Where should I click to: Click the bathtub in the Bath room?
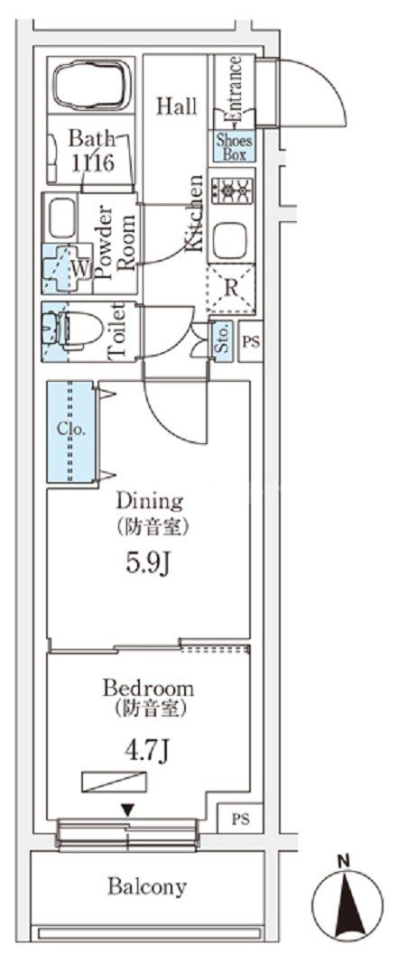[x=93, y=85]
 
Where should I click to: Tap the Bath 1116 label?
[x=91, y=150]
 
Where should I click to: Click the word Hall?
[x=177, y=106]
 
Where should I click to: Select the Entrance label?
[x=233, y=89]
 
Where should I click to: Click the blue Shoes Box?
[x=234, y=146]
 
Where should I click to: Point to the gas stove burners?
[x=232, y=190]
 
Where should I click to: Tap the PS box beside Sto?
[x=251, y=341]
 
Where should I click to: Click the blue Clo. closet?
[x=70, y=431]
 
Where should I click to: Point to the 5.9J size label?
[x=148, y=563]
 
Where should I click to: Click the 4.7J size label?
[x=148, y=751]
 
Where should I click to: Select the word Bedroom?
[x=148, y=687]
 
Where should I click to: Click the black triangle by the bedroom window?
[x=127, y=811]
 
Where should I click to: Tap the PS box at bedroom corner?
[x=241, y=819]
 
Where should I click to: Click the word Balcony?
[x=147, y=886]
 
